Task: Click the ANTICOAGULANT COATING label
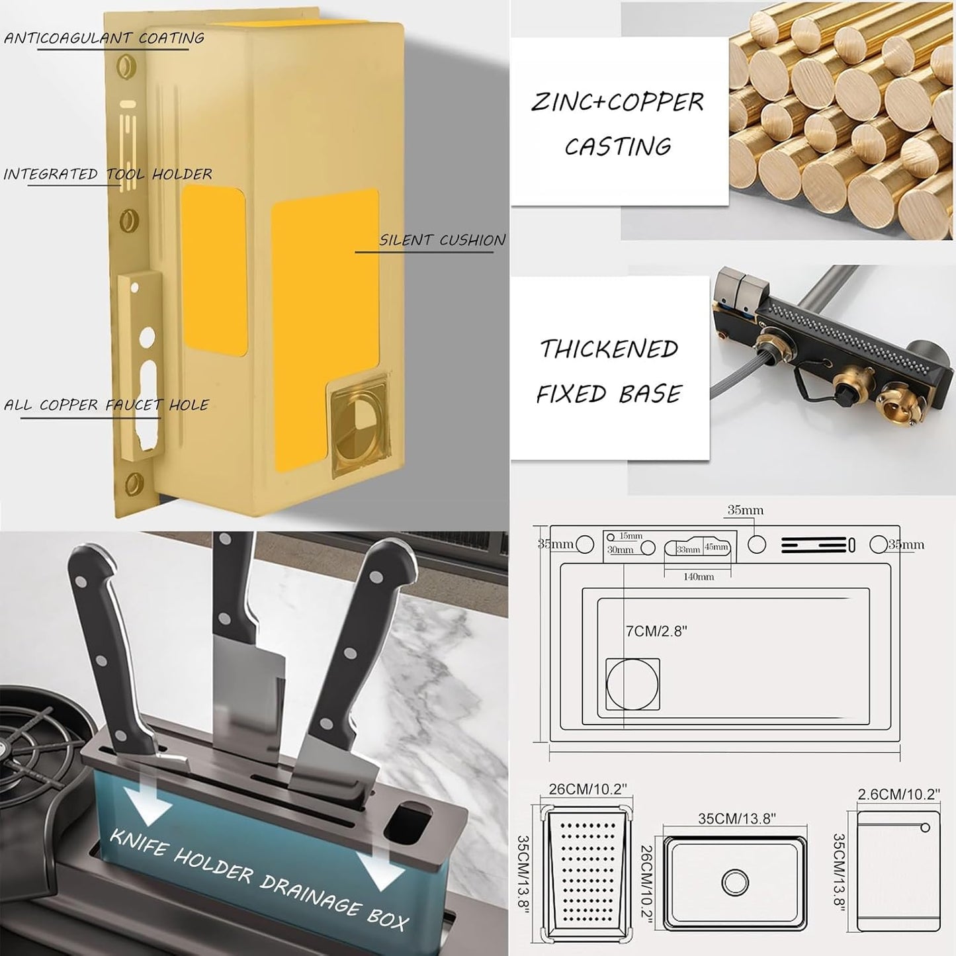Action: (104, 38)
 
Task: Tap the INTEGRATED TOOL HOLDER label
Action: (108, 174)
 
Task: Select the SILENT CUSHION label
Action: (443, 240)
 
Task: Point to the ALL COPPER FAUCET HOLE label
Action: (106, 405)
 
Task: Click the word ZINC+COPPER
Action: (617, 102)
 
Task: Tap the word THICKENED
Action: (609, 349)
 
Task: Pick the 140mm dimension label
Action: (697, 576)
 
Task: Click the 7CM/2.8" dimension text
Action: (656, 631)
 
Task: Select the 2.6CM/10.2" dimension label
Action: (898, 808)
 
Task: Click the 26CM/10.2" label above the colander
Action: (588, 789)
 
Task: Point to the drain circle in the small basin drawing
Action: (735, 883)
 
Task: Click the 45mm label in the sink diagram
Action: (717, 546)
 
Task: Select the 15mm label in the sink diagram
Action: (630, 536)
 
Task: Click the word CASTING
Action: (618, 147)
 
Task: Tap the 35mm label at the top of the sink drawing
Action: (745, 510)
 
